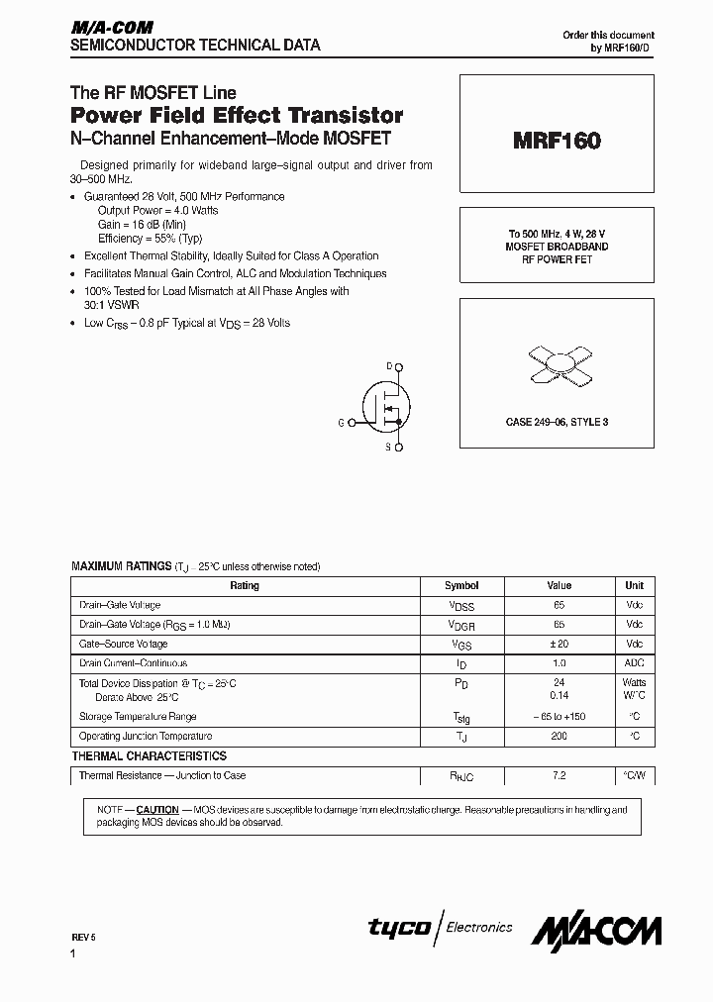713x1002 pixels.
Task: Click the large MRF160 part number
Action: [x=557, y=142]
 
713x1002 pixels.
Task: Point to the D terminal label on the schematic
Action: [x=389, y=366]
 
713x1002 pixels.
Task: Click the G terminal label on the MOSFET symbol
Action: [x=341, y=423]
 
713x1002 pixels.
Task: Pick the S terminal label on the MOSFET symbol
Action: [x=389, y=449]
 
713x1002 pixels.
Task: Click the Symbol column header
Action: [x=461, y=585]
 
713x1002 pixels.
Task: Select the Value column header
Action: [x=560, y=585]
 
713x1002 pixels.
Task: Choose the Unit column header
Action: [x=634, y=585]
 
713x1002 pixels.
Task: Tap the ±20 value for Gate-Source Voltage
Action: [x=560, y=645]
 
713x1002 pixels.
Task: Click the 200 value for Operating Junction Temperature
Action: [x=560, y=737]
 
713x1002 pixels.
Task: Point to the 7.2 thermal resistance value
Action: [x=560, y=776]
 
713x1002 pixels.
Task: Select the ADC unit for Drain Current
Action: [x=634, y=663]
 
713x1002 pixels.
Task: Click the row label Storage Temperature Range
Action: [x=138, y=717]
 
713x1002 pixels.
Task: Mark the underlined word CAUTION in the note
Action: [x=157, y=810]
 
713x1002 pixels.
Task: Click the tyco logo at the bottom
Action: [x=399, y=928]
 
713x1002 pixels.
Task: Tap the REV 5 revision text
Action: [x=84, y=936]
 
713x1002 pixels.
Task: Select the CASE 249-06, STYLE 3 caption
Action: [x=557, y=422]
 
